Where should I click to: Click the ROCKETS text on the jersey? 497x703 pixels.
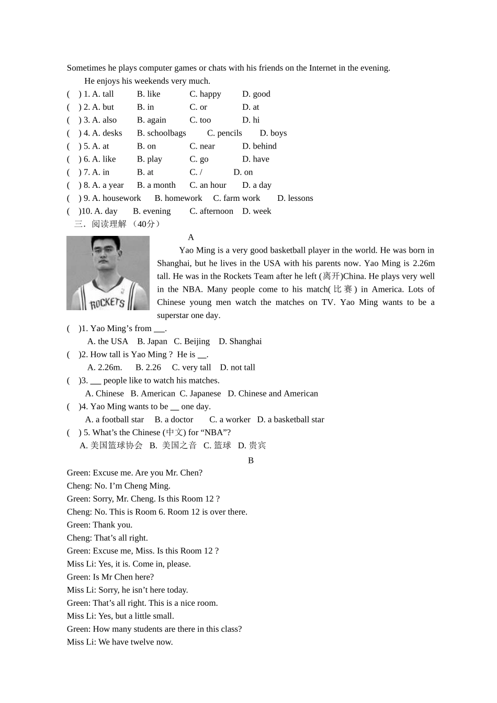click(107, 303)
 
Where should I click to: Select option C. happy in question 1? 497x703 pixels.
click(205, 94)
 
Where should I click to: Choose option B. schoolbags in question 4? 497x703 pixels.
click(161, 133)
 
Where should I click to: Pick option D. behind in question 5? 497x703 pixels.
click(259, 146)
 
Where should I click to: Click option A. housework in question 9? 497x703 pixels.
click(116, 198)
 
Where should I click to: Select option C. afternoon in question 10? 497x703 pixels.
click(211, 211)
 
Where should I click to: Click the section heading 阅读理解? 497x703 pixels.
click(109, 224)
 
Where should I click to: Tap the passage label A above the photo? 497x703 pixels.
click(191, 237)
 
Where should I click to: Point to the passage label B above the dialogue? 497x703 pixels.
click(251, 460)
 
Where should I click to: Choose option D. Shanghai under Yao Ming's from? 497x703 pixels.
click(240, 342)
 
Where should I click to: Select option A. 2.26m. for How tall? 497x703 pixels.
click(105, 368)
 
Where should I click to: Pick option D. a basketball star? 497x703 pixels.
click(290, 419)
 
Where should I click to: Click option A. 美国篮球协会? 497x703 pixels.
click(111, 446)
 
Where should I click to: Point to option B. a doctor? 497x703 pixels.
click(174, 419)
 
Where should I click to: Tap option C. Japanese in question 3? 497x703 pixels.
click(200, 394)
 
